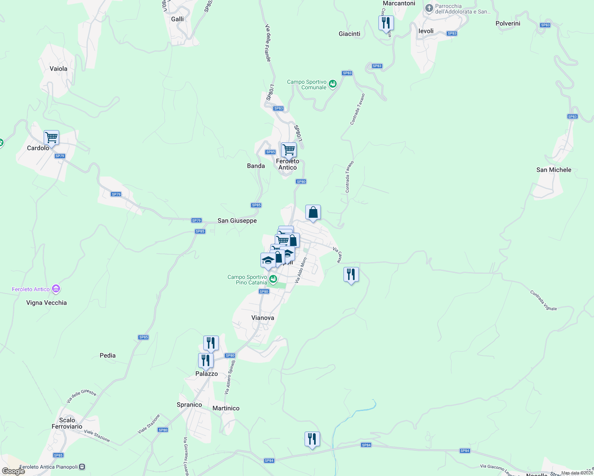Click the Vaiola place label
coord(58,69)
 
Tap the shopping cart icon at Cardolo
coord(51,138)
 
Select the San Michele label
coord(553,170)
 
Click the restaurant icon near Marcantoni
coord(386,23)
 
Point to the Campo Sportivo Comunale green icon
coord(333,84)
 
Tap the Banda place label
coord(256,166)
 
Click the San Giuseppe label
coord(237,221)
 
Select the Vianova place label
coord(262,318)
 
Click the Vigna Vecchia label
coord(46,303)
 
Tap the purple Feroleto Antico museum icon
coord(56,289)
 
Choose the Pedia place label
coord(108,355)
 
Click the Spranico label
coord(189,405)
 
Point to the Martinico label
coord(226,408)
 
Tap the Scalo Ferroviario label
coord(67,423)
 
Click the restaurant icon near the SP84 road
coord(312,439)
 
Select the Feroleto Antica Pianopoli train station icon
coord(82,467)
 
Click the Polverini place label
coord(508,23)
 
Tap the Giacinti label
coord(349,34)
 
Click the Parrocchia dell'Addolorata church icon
coord(429,8)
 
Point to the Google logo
coord(13,471)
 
